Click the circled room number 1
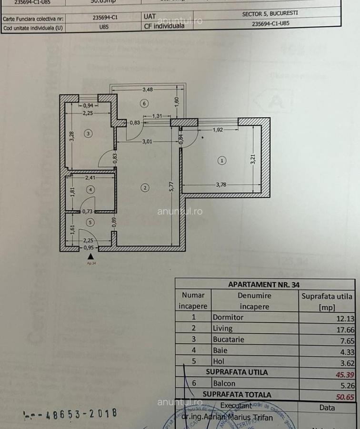[222, 161]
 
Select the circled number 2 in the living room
[145, 188]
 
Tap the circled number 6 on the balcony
[144, 103]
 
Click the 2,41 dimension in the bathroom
[91, 178]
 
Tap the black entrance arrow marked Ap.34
[90, 256]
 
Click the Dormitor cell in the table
[228, 317]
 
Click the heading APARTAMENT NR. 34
[264, 284]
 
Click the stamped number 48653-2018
[70, 413]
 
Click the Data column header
[327, 408]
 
